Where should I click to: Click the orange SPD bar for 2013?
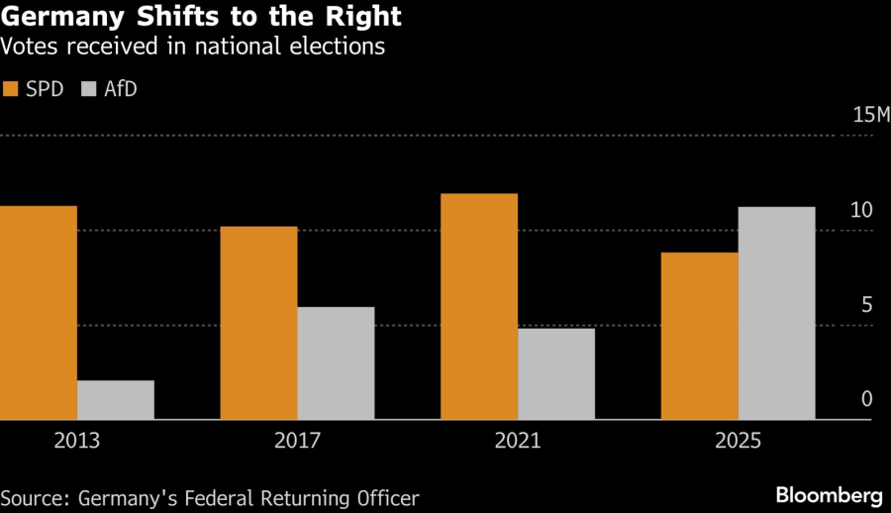39,313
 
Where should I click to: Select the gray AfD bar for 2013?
116,400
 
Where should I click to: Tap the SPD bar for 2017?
258,323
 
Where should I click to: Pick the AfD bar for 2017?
336,363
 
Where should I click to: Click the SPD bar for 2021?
479,307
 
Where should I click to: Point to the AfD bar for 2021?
556,374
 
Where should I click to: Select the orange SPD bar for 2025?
699,337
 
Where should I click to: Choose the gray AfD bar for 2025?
777,314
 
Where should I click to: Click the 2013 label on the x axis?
77,442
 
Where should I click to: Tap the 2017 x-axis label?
297,442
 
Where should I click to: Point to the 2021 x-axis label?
518,442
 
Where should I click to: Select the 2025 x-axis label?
738,442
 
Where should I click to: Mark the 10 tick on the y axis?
861,210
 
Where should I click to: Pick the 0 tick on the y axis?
866,399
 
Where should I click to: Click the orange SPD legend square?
11,89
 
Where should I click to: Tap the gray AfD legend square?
88,89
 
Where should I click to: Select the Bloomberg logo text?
829,494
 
